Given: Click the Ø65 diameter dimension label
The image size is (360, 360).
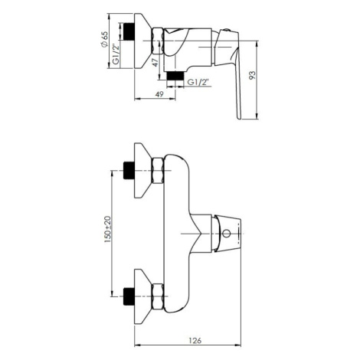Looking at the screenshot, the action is [x=105, y=39].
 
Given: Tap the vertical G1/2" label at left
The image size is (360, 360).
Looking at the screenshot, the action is [x=116, y=54].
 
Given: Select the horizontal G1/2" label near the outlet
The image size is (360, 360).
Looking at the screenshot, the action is [x=198, y=82].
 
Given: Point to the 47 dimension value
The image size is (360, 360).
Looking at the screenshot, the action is [x=155, y=63].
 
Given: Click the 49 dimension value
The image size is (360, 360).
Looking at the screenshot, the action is [x=159, y=94].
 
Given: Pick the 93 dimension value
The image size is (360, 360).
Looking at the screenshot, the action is [x=252, y=75].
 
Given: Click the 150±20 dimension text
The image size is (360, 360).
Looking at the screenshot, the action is [x=108, y=229].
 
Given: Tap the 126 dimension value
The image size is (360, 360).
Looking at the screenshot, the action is [x=195, y=340].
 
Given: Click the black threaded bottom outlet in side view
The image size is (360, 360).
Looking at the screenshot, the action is [x=175, y=76].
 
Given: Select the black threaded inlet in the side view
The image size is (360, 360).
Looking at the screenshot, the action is [x=129, y=31].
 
